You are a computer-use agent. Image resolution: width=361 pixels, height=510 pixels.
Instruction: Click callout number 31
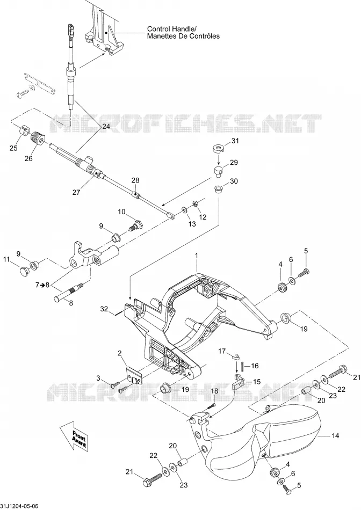point(235,141)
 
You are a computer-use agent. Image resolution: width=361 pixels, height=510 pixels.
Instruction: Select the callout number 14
point(335,435)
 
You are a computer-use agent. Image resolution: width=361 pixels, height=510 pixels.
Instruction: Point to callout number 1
point(197,256)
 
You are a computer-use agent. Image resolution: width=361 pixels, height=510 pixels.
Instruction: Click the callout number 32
point(104,309)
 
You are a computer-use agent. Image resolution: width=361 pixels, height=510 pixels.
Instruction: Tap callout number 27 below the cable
point(76,192)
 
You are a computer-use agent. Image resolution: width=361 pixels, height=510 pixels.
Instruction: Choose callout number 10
point(121,212)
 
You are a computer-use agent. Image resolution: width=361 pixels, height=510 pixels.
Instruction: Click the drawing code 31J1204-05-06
point(19,506)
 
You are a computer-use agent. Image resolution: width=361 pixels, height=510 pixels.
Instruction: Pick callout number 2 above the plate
point(120,353)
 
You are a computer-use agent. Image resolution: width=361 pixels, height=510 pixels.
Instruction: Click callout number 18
point(214,391)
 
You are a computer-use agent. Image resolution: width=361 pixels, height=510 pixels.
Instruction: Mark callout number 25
point(13,148)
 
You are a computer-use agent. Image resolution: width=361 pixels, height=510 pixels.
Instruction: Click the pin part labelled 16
point(243,366)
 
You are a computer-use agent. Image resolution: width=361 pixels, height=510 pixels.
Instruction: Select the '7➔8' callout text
point(42,285)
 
